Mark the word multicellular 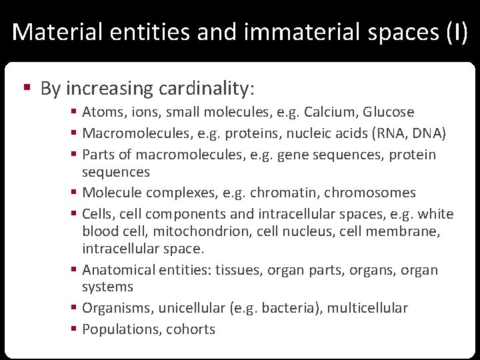pyautogui.click(x=369, y=308)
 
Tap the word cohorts pyautogui.click(x=191, y=329)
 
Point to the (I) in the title pyautogui.click(x=457, y=32)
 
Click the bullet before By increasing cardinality pyautogui.click(x=27, y=89)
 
